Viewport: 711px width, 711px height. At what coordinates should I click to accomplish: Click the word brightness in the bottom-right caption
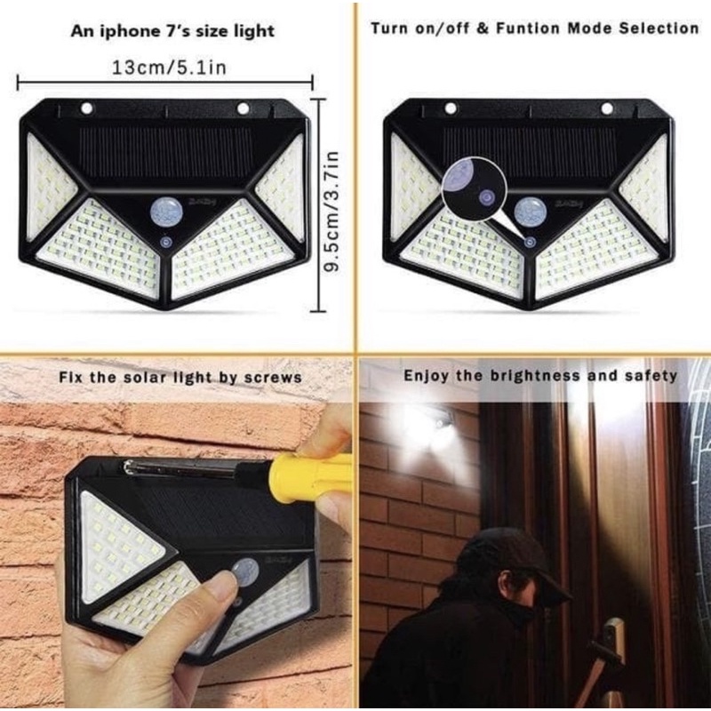541,376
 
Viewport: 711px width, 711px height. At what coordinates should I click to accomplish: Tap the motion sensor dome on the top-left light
166,212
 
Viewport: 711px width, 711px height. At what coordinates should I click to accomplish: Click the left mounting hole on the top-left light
87,109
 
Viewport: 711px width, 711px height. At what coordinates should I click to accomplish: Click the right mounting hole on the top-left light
243,109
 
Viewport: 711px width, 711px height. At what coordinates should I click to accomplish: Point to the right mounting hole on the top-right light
607,108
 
